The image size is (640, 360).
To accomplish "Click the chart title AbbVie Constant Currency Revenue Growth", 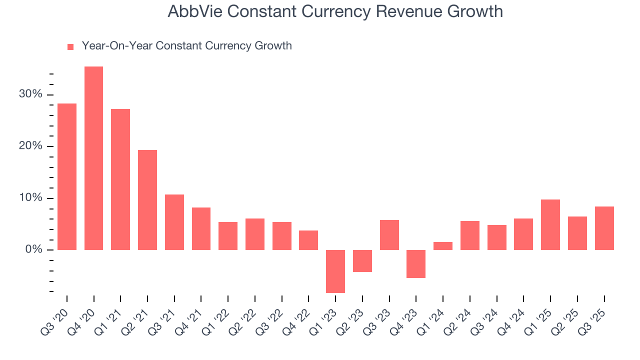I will click(x=335, y=11).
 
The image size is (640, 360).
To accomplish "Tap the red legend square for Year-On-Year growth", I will click(x=70, y=46).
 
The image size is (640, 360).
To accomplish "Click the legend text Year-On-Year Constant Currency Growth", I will click(x=186, y=46).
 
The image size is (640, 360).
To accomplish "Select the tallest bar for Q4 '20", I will click(x=93, y=158).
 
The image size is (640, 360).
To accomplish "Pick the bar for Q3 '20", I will click(x=67, y=176).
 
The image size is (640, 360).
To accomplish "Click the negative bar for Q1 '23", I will click(x=335, y=271).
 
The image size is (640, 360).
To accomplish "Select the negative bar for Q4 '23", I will click(x=416, y=263).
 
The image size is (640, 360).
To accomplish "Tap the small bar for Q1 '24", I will click(x=443, y=245).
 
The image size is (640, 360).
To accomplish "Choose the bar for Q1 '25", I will click(x=550, y=224).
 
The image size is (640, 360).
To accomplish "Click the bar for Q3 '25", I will click(x=604, y=228).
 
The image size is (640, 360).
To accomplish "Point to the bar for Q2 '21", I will click(x=147, y=199).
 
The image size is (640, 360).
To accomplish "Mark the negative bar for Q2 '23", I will click(x=362, y=260).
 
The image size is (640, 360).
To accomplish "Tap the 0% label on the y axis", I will click(x=34, y=249).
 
